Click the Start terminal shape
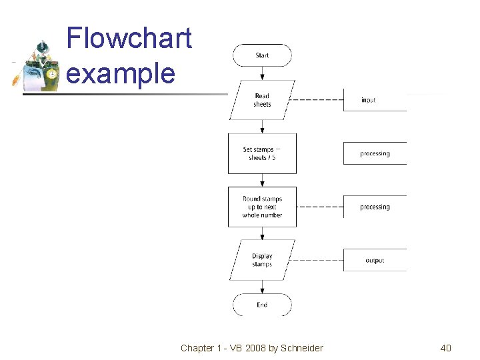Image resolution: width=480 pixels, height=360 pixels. pyautogui.click(x=262, y=55)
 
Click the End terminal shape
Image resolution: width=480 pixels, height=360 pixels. pyautogui.click(x=262, y=305)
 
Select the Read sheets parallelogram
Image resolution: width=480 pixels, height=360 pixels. pyautogui.click(x=262, y=100)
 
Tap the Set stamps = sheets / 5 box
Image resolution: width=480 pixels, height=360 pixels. pyautogui.click(x=262, y=153)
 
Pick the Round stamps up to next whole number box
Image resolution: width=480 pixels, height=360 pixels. pyautogui.click(x=262, y=207)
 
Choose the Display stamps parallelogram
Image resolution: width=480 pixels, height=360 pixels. pyautogui.click(x=262, y=260)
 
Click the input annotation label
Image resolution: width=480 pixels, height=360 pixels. pyautogui.click(x=369, y=100)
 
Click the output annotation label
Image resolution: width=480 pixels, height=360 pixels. pyautogui.click(x=375, y=261)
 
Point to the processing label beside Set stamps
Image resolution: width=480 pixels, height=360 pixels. pyautogui.click(x=375, y=153)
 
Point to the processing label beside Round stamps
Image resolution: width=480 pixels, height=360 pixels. pyautogui.click(x=375, y=207)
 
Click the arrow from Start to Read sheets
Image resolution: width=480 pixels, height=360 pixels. pyautogui.click(x=262, y=73)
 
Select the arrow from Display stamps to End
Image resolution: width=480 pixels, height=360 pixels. pyautogui.click(x=262, y=287)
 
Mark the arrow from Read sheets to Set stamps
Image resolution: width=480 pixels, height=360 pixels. pyautogui.click(x=262, y=127)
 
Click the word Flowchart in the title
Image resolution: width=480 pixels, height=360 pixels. pyautogui.click(x=129, y=38)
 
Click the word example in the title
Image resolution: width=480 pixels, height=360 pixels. pyautogui.click(x=121, y=73)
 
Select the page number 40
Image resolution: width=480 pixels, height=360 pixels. pyautogui.click(x=445, y=348)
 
